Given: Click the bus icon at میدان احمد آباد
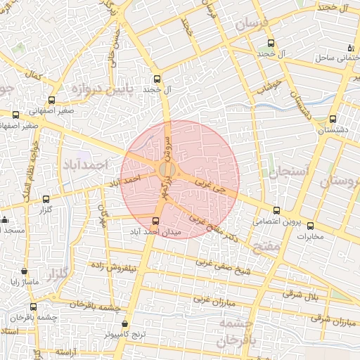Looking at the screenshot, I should [x=156, y=221].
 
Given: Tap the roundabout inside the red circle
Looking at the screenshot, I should [x=167, y=170].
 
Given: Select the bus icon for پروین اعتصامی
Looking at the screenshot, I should [x=276, y=210].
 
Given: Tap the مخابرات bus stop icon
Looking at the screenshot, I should [x=311, y=226].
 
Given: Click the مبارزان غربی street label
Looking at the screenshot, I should [x=216, y=301].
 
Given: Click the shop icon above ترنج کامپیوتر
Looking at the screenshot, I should [x=124, y=324].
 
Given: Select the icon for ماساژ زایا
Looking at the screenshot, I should [x=25, y=271].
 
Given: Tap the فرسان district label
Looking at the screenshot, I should [x=252, y=23].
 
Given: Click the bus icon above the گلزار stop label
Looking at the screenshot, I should [x=46, y=199].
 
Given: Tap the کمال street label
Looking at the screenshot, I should [x=30, y=74].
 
